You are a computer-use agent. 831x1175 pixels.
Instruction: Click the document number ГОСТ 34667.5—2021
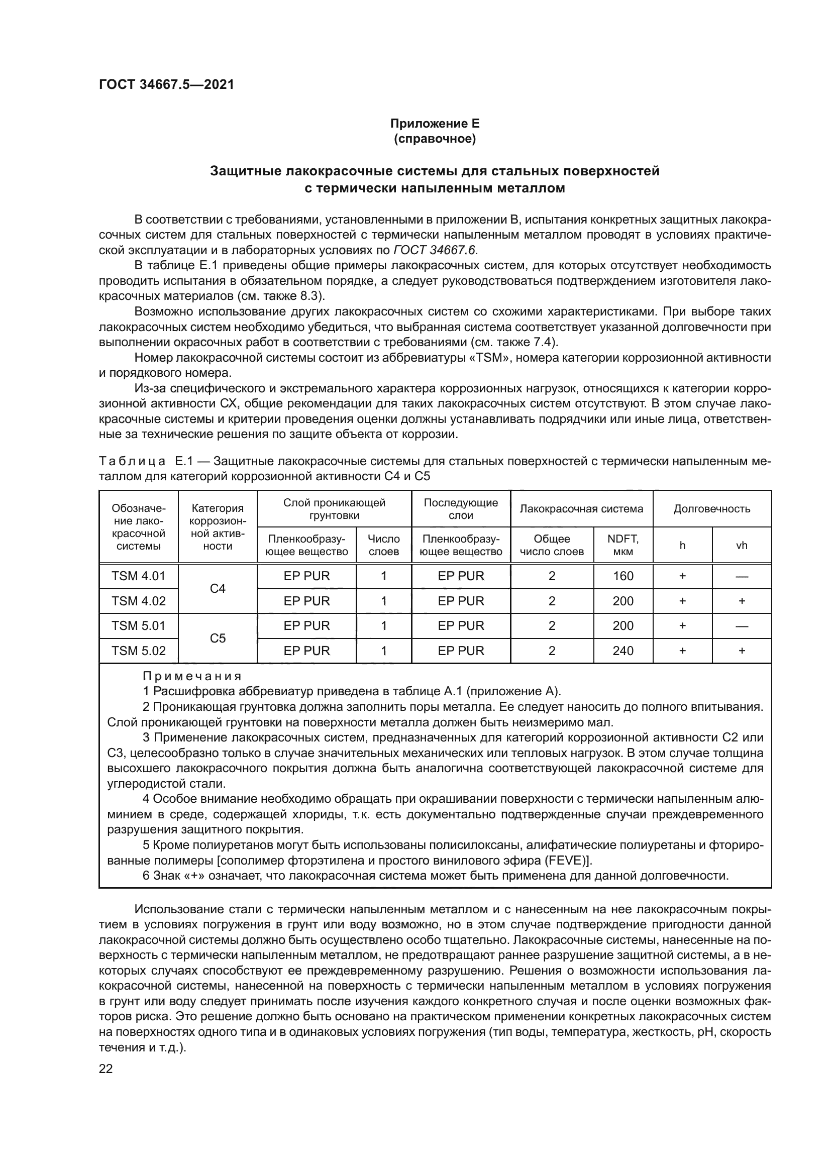[166, 85]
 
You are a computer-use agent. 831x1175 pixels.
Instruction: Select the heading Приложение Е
[435, 124]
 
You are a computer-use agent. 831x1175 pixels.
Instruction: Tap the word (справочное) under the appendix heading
[435, 139]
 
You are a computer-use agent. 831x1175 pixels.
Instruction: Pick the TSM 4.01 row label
[139, 576]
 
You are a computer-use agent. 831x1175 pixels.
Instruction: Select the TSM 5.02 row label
[139, 651]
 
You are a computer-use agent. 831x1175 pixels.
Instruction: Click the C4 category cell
[218, 589]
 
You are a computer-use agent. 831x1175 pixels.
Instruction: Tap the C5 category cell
[218, 638]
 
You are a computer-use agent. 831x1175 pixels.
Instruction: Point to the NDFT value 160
[622, 576]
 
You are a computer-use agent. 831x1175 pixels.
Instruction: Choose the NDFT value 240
[622, 651]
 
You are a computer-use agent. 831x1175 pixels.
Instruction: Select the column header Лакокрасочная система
[581, 509]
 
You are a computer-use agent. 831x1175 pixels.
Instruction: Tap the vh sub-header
[742, 546]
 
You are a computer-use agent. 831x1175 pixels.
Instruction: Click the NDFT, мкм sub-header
[622, 545]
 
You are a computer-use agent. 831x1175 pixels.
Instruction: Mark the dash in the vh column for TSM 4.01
[742, 576]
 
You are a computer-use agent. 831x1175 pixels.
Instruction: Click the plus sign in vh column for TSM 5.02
[742, 651]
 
